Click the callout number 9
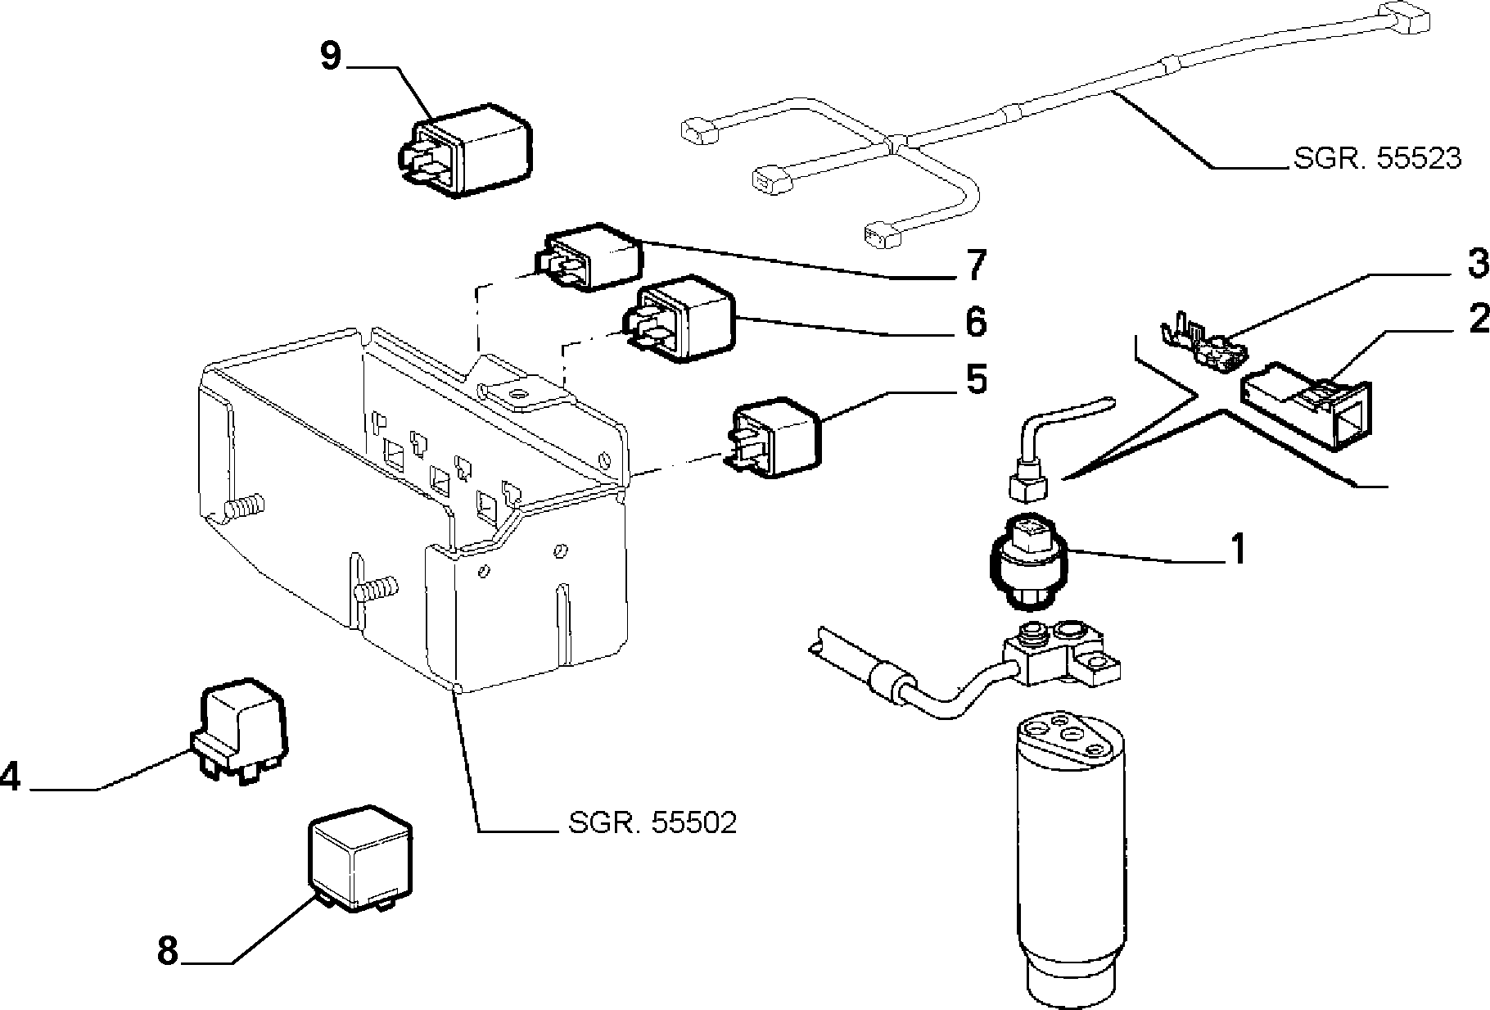pos(330,57)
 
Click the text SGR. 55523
pos(1377,158)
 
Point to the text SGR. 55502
pos(653,822)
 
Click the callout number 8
pos(167,951)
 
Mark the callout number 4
pos(10,776)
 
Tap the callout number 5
pos(977,379)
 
